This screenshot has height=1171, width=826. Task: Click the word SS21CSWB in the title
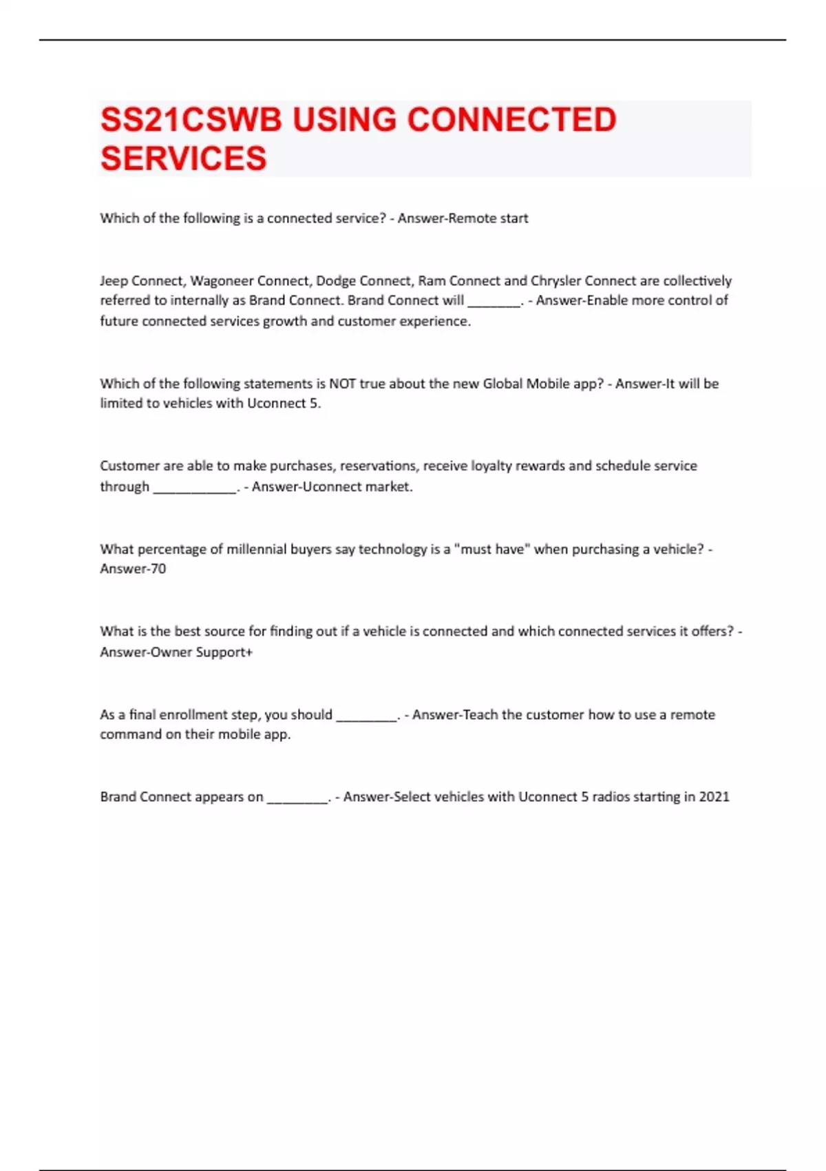point(191,120)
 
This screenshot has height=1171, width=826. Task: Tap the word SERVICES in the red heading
point(183,158)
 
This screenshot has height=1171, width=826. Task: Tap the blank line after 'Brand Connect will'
point(494,302)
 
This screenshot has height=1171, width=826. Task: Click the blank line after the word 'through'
point(195,488)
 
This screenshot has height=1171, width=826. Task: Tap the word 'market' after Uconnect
point(388,487)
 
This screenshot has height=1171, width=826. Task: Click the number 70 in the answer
point(158,569)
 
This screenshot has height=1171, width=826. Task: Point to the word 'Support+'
point(224,652)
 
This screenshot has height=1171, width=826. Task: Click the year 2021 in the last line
point(714,797)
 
